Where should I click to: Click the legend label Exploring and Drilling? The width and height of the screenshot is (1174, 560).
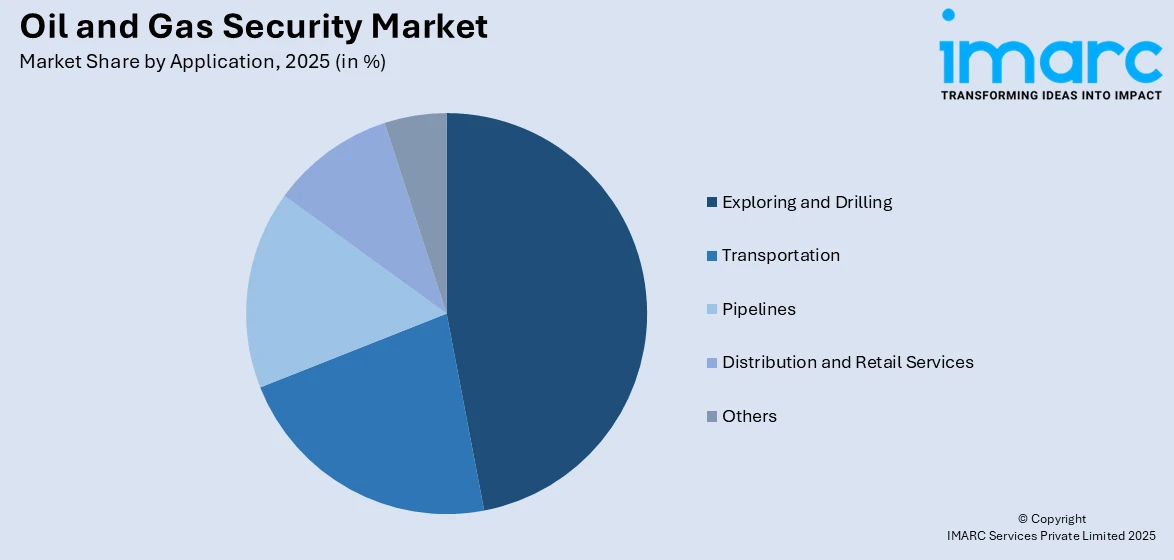pyautogui.click(x=806, y=202)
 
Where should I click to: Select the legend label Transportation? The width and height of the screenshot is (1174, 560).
pyautogui.click(x=780, y=255)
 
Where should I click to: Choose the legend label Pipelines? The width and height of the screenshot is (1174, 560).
pyautogui.click(x=758, y=309)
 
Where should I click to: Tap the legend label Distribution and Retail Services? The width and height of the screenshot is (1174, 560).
pyautogui.click(x=847, y=362)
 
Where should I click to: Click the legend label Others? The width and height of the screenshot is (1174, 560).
pyautogui.click(x=749, y=416)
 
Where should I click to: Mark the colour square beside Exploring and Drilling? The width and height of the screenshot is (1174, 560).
pyautogui.click(x=711, y=203)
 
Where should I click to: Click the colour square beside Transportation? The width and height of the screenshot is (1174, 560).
pyautogui.click(x=711, y=256)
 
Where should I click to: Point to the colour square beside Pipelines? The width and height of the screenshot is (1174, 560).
pyautogui.click(x=711, y=310)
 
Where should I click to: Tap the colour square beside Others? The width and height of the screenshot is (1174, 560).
pyautogui.click(x=711, y=417)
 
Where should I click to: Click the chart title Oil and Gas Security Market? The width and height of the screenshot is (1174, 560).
pyautogui.click(x=254, y=27)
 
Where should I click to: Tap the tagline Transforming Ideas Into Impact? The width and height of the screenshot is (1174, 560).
pyautogui.click(x=1051, y=95)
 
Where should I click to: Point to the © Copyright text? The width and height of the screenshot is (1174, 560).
pyautogui.click(x=1051, y=519)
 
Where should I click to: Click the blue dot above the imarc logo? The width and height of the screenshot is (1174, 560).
pyautogui.click(x=948, y=15)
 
